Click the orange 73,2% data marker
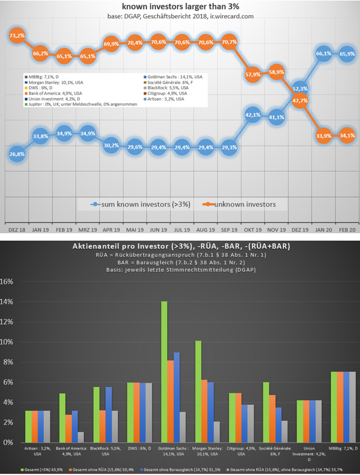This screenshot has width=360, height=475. pyautogui.click(x=17, y=36)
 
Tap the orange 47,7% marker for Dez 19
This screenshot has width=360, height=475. pyautogui.click(x=300, y=100)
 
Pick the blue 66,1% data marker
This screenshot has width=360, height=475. pyautogui.click(x=323, y=53)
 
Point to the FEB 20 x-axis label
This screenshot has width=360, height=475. pyautogui.click(x=346, y=230)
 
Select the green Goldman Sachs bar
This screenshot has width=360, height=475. pyautogui.click(x=164, y=372)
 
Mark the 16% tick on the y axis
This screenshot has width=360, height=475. pyautogui.click(x=7, y=281)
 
